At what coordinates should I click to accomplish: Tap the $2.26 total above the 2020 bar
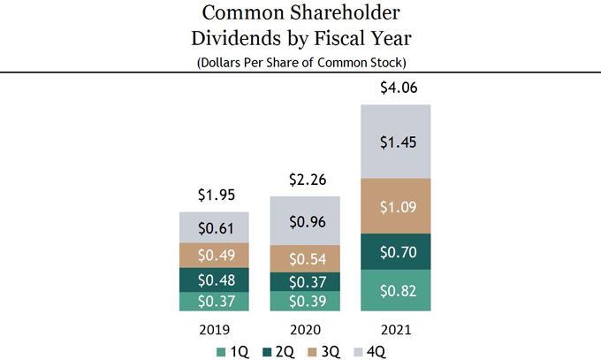304,180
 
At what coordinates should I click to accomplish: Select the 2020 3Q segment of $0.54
304,259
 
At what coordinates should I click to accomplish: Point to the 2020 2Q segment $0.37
304,281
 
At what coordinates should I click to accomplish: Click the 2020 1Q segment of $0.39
304,302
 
